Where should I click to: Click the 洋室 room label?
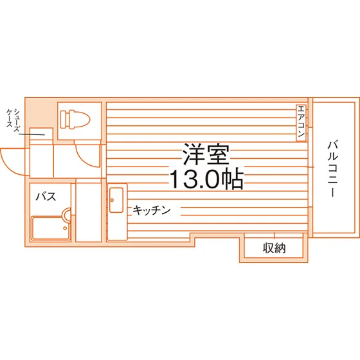tap(206, 155)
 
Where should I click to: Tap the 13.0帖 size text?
tap(206, 179)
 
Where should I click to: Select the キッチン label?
tap(152, 210)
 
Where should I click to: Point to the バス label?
tap(46, 197)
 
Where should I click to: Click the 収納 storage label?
tap(274, 248)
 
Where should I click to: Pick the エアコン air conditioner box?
tap(301, 123)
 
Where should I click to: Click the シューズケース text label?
tap(13, 120)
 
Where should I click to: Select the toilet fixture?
tap(75, 119)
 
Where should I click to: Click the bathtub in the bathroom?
tap(51, 228)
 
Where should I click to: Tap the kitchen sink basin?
tap(116, 200)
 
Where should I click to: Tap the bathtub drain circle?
tap(65, 228)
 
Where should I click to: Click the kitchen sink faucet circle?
tap(113, 200)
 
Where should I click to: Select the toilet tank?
tap(65, 119)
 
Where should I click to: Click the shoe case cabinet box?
tap(42, 136)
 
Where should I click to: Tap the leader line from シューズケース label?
tap(32, 134)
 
